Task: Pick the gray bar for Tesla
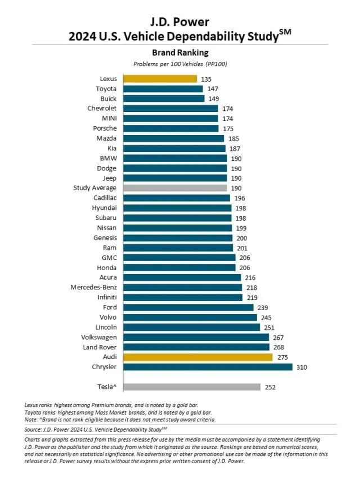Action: click(191, 387)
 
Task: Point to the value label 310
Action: click(302, 367)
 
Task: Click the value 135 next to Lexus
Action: click(206, 79)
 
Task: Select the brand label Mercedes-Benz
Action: click(93, 288)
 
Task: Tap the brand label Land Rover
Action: click(99, 347)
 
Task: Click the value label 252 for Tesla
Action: click(270, 387)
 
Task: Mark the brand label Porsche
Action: click(105, 128)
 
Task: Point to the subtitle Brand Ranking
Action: click(180, 52)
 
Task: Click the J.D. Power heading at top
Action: click(180, 22)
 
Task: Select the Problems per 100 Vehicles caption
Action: click(180, 64)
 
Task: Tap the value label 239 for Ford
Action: click(263, 307)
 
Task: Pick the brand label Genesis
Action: click(105, 237)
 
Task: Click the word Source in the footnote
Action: click(34, 428)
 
